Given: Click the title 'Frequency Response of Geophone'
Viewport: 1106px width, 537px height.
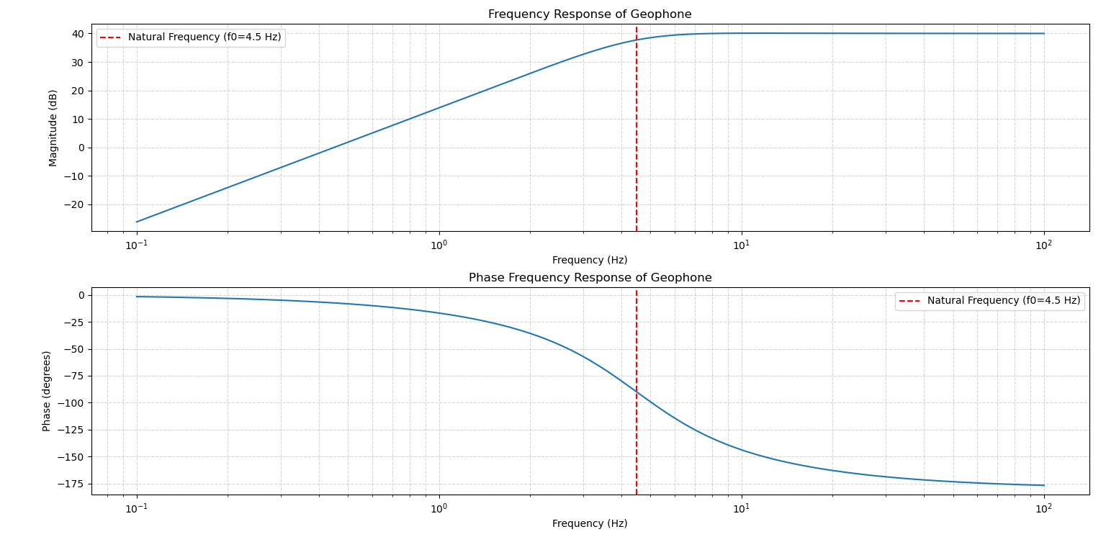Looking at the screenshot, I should pyautogui.click(x=590, y=14).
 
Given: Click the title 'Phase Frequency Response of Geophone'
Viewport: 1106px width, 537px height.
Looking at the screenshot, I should pyautogui.click(x=590, y=278).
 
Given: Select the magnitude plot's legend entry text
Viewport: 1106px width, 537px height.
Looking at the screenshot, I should pyautogui.click(x=204, y=37).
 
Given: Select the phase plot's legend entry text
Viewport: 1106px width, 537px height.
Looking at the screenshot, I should pyautogui.click(x=1003, y=301).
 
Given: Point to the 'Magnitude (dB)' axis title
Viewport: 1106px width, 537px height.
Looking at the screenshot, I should pyautogui.click(x=53, y=128).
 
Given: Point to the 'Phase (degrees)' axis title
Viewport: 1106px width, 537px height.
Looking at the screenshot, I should pyautogui.click(x=47, y=391).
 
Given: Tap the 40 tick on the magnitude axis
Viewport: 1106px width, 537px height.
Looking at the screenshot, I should pyautogui.click(x=77, y=34).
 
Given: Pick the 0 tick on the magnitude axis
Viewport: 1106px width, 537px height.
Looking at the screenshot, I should pyautogui.click(x=81, y=148).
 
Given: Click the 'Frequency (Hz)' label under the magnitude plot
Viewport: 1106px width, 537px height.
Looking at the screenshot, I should pyautogui.click(x=590, y=261).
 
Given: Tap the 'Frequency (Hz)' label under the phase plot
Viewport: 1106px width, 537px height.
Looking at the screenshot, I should pyautogui.click(x=590, y=524).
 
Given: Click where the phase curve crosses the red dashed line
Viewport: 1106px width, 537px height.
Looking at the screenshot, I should pyautogui.click(x=637, y=392).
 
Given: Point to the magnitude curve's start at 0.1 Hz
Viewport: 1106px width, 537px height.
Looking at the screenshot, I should pyautogui.click(x=137, y=222).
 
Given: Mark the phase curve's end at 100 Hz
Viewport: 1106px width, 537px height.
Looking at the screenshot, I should pyautogui.click(x=1043, y=485).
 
